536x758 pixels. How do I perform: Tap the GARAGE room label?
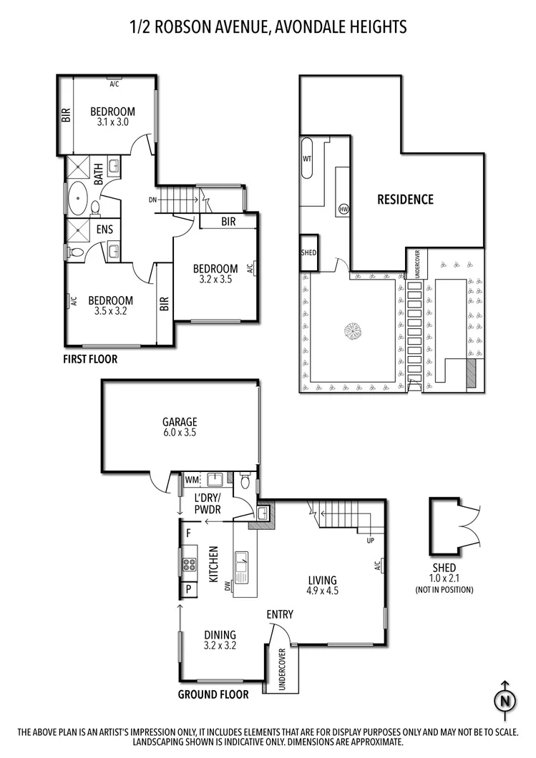180,422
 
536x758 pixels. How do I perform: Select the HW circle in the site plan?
343,208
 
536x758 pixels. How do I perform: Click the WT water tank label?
307,158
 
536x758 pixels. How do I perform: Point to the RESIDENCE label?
405,200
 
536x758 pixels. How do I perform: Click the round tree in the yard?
354,332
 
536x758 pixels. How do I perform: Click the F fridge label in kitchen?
188,533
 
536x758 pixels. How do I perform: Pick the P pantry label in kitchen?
188,589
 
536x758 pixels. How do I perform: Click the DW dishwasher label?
228,586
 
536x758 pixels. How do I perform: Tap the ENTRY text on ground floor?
279,614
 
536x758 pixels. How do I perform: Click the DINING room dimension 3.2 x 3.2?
219,646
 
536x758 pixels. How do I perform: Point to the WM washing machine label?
191,479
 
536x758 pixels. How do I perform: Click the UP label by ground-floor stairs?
370,540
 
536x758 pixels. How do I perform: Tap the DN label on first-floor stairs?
152,200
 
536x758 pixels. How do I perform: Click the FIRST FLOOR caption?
90,359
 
